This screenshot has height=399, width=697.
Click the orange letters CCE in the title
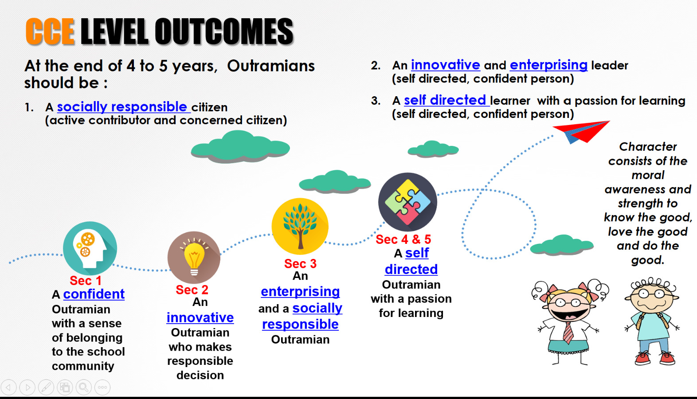pos(50,31)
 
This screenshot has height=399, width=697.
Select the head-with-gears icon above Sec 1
pos(90,248)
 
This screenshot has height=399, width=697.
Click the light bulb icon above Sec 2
pos(194,258)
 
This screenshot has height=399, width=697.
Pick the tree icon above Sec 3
pos(300,226)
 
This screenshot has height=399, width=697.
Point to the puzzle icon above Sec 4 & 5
pos(407,202)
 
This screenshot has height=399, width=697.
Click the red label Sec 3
pos(300,264)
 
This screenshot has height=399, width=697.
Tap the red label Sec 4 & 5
pos(403,239)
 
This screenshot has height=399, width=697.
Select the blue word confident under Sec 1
pos(94,294)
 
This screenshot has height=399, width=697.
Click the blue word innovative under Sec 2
pos(200,317)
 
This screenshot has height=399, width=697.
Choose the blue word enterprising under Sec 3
pos(300,292)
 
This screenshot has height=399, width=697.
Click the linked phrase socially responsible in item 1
pos(122,107)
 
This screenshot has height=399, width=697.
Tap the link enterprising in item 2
pos(548,65)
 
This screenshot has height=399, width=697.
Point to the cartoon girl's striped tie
pos(568,332)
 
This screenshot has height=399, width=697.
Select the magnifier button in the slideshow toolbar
pos(83,387)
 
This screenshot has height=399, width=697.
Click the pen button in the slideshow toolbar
pos(46,387)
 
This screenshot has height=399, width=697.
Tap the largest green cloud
pos(240,146)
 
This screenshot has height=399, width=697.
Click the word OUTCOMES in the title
pos(224,31)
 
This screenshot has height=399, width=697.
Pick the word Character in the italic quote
pos(648,147)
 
